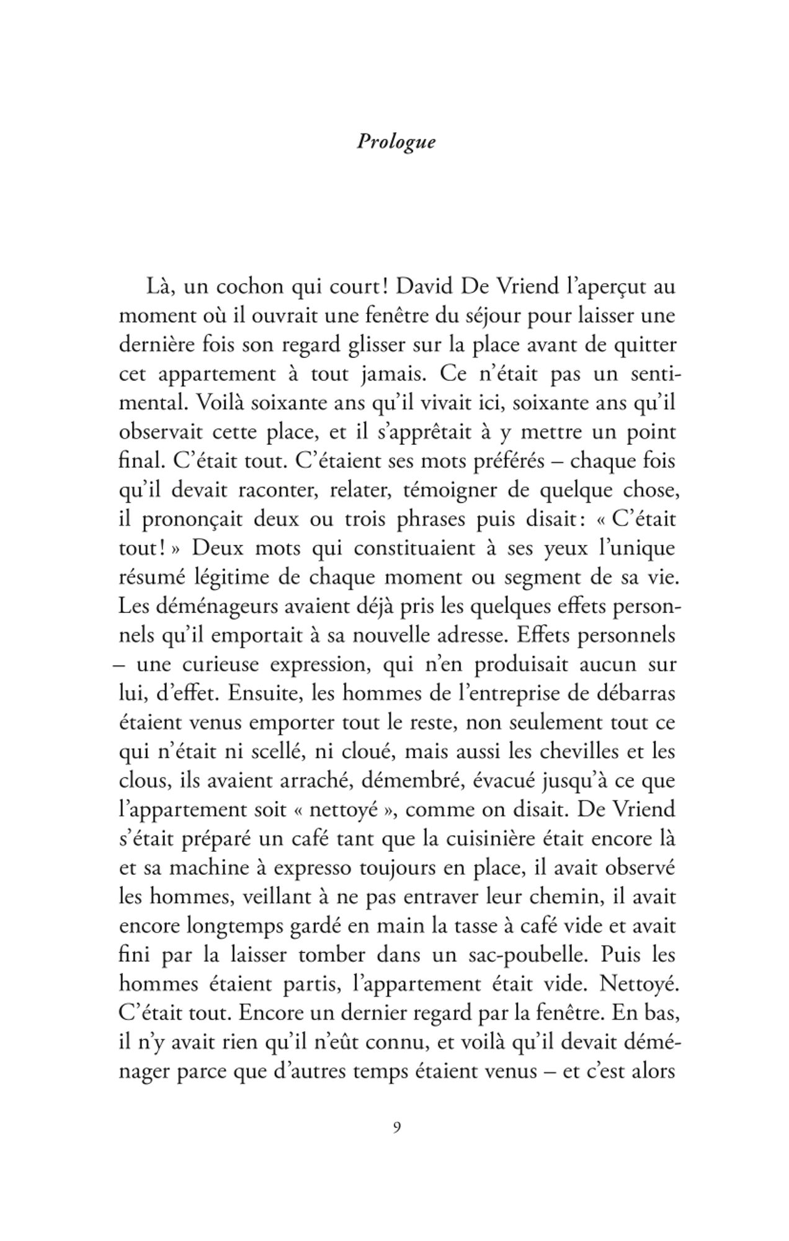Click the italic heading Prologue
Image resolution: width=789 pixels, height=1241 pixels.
coord(396,142)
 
